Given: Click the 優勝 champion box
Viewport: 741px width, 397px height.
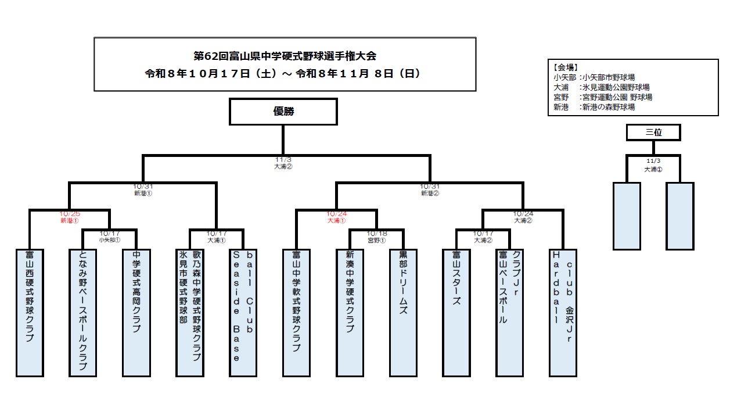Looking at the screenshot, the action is [283, 112].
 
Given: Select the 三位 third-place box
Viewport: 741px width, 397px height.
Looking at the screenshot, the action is [653, 133].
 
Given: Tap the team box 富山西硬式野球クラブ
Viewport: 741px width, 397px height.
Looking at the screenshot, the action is [30, 313].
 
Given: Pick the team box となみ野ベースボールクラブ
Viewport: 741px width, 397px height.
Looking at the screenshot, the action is [82, 313].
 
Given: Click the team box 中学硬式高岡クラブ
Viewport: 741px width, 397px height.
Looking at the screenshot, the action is [136, 313].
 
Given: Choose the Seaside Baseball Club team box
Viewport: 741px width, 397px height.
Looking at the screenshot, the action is [243, 313].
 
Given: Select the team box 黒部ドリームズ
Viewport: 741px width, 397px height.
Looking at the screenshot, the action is [403, 313].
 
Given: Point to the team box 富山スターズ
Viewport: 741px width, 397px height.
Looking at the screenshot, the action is [456, 313].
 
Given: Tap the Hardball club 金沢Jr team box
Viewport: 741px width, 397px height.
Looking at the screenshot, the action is [563, 313].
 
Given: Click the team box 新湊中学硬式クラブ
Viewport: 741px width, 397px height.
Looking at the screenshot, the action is [350, 313].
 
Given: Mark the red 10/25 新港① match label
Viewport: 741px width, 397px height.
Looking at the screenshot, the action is [70, 217].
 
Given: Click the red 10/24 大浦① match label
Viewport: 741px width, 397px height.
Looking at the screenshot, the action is [336, 217].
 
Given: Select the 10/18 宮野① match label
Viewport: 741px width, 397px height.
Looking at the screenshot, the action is [377, 237].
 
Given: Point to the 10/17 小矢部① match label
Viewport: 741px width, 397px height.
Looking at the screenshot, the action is [110, 237].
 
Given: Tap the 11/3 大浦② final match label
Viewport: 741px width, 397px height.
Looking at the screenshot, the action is [283, 163].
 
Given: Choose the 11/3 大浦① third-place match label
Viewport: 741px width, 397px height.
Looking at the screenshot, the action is [653, 165].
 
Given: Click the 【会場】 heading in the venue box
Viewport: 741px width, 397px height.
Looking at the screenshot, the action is [566, 67].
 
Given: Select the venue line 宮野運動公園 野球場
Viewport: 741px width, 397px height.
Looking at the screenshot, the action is [617, 97].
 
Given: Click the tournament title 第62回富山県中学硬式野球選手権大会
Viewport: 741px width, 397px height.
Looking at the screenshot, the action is [285, 56].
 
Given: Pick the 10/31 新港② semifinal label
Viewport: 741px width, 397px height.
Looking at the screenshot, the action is [430, 190].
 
